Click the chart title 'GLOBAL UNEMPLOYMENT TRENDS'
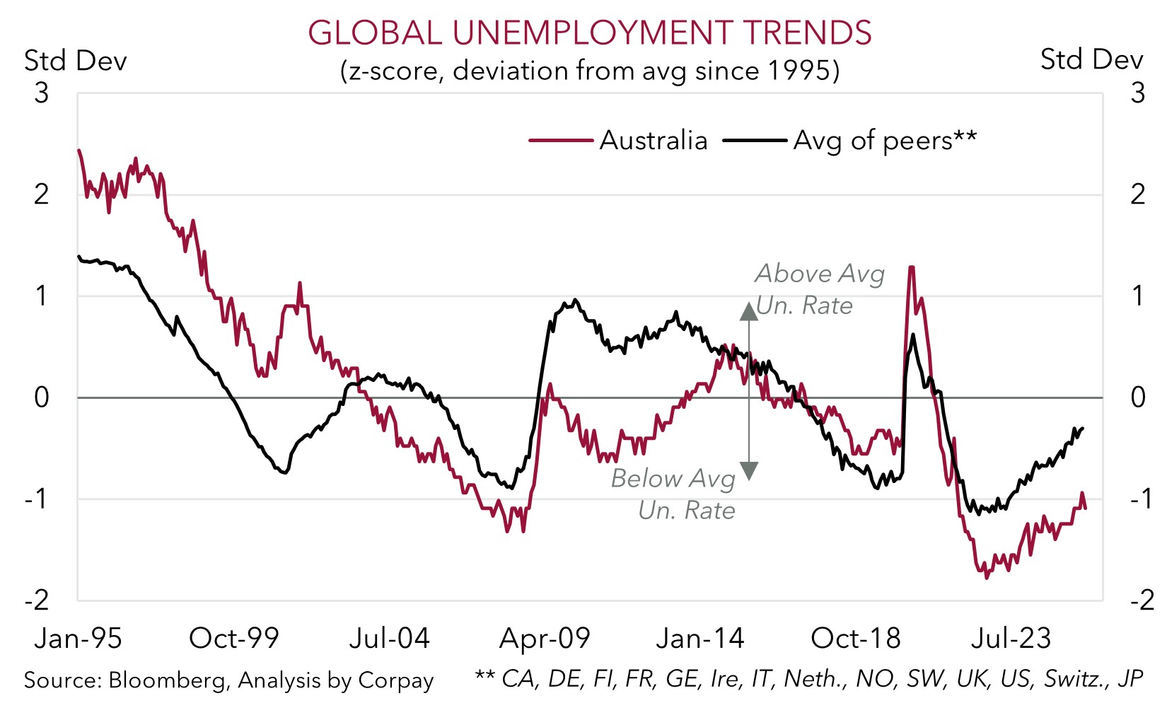[589, 33]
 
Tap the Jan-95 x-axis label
[78, 639]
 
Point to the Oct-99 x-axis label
[234, 639]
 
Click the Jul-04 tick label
[390, 639]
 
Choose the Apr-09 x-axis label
[545, 639]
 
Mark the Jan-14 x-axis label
[700, 639]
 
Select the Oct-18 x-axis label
[856, 639]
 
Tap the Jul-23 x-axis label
[1011, 639]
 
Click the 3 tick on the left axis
[42, 93]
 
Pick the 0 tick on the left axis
[42, 397]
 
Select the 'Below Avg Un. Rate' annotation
[673, 494]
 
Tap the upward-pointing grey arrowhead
[748, 310]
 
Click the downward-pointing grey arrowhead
[748, 471]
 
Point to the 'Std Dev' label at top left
[76, 61]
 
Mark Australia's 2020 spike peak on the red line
[912, 267]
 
